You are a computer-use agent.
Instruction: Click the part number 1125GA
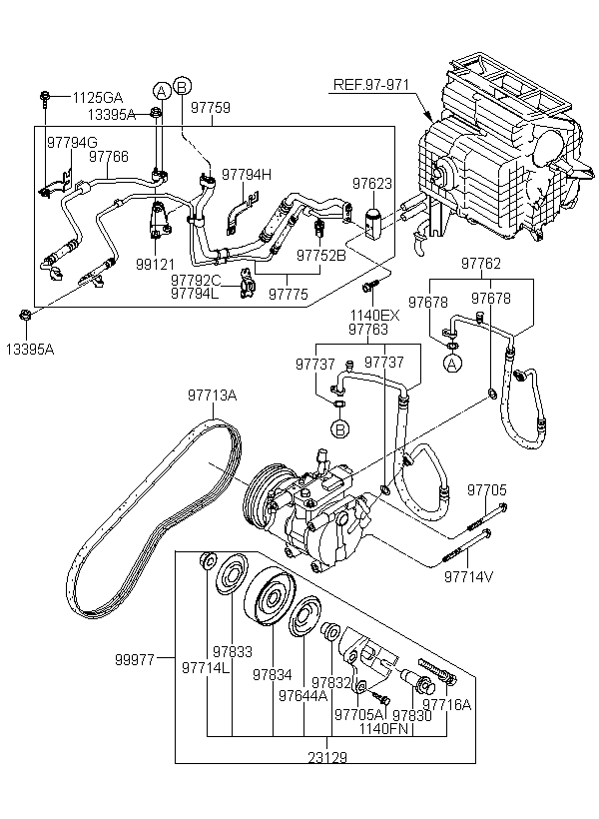pyautogui.click(x=97, y=97)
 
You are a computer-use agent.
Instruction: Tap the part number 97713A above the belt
pyautogui.click(x=212, y=397)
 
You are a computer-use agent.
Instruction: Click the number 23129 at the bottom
pyautogui.click(x=325, y=786)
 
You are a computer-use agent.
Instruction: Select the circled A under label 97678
pyautogui.click(x=451, y=363)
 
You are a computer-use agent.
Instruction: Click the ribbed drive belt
pyautogui.click(x=150, y=519)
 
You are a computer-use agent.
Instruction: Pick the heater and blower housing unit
pyautogui.click(x=499, y=150)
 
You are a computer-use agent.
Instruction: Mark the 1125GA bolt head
pyautogui.click(x=46, y=97)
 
